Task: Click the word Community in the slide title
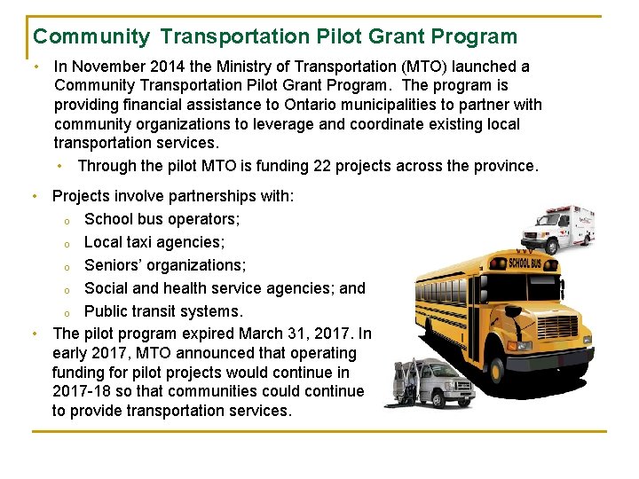[x=91, y=36]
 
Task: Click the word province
[x=503, y=166]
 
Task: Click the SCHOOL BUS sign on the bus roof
[x=525, y=263]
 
